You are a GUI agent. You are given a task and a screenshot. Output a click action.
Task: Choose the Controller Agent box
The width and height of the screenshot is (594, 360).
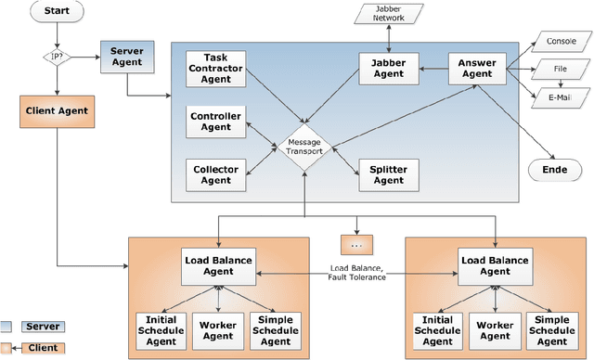tap(216, 122)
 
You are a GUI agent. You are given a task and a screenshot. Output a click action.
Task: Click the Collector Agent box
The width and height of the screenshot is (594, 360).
tap(216, 174)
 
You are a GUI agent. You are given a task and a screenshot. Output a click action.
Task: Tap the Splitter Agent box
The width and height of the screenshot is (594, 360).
tap(387, 174)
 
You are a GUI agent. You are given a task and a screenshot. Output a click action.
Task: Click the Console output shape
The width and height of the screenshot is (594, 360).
tap(560, 41)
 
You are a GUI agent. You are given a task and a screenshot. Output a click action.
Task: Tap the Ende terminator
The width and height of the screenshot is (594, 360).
tap(555, 171)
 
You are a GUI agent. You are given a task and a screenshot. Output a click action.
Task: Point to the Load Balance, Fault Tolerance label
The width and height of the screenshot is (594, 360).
tap(356, 273)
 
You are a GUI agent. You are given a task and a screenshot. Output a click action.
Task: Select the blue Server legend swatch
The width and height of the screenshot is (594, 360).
tap(8, 327)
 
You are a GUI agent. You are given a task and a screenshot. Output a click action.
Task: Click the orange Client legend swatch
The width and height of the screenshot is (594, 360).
tap(8, 348)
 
